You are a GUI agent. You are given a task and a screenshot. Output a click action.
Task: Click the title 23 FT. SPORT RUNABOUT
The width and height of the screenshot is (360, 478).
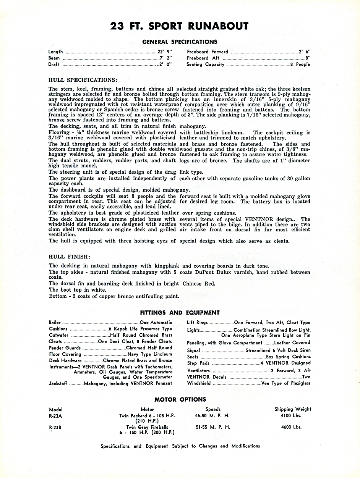coord(179,26)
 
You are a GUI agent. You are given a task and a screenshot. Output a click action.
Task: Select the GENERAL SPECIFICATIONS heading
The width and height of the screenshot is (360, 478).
coord(180,42)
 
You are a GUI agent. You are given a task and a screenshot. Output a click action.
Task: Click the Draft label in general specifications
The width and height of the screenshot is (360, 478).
coord(54,65)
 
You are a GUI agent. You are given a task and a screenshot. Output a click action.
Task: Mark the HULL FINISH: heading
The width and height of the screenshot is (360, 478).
coord(70,257)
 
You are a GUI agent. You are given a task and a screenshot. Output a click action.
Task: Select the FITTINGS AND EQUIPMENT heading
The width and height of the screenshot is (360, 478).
coord(180,313)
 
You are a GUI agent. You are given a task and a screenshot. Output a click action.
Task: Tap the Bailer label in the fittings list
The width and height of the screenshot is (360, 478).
coord(55,323)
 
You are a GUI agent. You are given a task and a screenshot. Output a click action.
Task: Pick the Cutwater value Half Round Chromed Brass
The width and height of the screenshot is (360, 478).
coord(141,335)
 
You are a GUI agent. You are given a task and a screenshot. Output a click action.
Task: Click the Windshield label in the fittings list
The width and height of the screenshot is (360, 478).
coord(199,383)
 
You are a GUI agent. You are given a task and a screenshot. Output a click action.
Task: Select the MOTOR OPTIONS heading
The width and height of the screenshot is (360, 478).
coord(180,400)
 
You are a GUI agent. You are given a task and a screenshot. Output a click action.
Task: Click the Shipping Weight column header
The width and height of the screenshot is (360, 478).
coord(293,409)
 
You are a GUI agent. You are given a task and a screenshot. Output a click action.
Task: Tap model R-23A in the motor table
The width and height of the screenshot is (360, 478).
coord(56,416)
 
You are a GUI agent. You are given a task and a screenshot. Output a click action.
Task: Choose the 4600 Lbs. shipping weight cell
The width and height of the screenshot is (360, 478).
coord(291,427)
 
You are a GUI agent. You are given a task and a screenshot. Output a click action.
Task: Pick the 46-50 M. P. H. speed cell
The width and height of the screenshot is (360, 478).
coord(212,416)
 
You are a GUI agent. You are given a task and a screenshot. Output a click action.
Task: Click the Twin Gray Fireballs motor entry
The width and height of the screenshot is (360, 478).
coord(147,427)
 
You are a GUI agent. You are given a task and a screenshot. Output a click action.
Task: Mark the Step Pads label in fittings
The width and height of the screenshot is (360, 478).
coord(198,363)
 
